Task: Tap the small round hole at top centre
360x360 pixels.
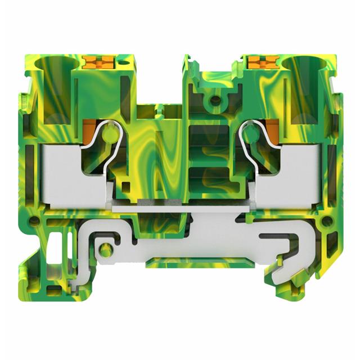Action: (214, 101)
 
